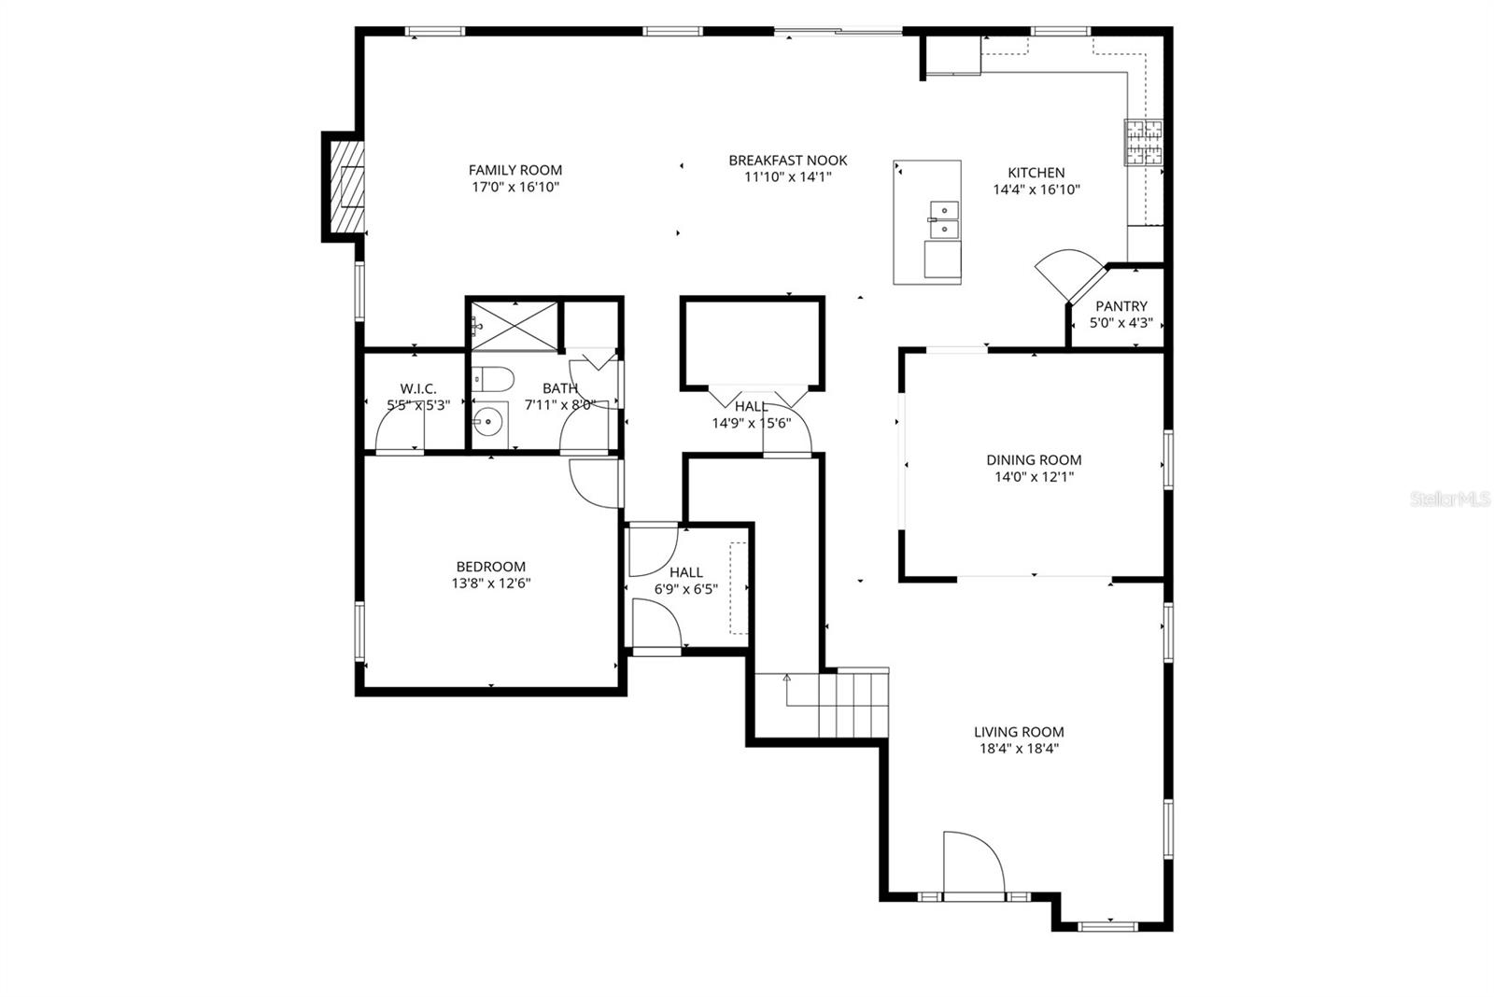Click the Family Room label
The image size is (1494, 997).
pos(515,170)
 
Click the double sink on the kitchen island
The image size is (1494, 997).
pos(943,219)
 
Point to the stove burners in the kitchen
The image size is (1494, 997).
pos(1143,143)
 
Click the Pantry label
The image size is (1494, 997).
pos(1120,306)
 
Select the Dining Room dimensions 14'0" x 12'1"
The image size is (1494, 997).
pos(1034,477)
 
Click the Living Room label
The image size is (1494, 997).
pos(1018,732)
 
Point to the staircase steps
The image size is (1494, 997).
pos(852,705)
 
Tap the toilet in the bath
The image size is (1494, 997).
pos(492,379)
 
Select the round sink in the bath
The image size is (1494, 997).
pos(487,425)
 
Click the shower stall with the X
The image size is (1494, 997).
pos(514,325)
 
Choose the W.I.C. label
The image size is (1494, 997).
pos(417,388)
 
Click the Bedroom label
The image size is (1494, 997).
pos(490,567)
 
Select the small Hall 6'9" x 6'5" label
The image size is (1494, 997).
pos(686,572)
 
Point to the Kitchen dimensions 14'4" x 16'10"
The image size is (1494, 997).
pos(1036,190)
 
